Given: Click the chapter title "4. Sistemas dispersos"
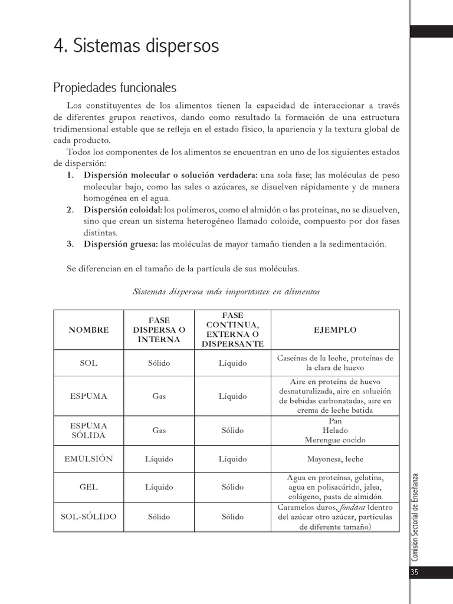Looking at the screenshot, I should coord(136,46).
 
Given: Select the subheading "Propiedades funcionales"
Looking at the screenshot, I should coord(115,88).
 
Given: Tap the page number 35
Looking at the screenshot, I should coord(414,572).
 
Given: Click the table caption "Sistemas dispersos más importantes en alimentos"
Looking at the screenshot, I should coord(226,291).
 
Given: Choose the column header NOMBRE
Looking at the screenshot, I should coord(88,330).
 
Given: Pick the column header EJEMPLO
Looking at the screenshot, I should coord(335,330).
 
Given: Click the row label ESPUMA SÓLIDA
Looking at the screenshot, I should coord(88,430).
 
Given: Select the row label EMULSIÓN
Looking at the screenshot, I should coord(88,458).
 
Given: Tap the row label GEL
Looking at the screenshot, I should coord(88,487).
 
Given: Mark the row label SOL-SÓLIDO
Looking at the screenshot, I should coord(88,517).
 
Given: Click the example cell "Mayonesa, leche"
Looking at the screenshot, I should coord(335,458).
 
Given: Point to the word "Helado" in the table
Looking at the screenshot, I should coord(335,430).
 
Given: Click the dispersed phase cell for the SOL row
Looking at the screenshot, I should coord(159,363).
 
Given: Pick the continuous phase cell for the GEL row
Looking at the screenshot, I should coord(232,487).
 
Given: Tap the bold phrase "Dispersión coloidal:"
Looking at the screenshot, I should coord(123,209).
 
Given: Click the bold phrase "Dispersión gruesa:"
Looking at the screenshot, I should coord(120,244).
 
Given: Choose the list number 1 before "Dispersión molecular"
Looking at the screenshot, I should coord(70,175).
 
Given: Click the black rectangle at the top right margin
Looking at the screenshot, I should coord(432,31).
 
